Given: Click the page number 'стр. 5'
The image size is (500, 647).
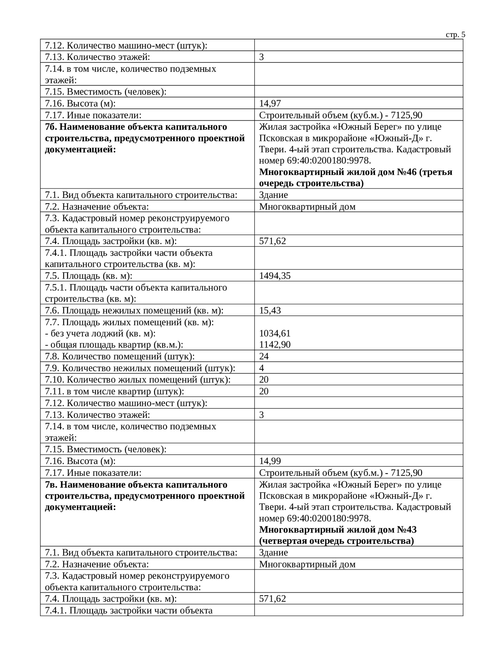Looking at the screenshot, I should [456, 35].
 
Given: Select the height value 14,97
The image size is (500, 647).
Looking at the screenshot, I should [270, 103].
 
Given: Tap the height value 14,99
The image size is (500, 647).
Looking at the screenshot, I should [270, 461].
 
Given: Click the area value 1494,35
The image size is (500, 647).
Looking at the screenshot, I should [275, 276].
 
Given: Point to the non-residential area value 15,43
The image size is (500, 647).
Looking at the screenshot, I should [270, 310].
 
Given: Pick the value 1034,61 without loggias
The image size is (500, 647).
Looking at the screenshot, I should [275, 333].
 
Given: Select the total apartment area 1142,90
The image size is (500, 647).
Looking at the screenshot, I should [275, 344].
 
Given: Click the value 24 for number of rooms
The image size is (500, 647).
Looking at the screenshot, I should [264, 356].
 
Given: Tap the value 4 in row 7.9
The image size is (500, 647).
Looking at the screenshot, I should [261, 368].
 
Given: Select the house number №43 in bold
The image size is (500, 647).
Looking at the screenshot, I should [407, 530].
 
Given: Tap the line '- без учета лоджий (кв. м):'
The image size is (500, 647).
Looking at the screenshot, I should [100, 333].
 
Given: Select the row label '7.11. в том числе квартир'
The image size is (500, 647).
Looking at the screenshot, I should [115, 391].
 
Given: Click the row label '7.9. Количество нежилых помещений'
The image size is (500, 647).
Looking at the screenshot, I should [140, 368].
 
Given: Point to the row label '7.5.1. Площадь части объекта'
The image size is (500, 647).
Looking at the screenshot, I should [136, 287].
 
